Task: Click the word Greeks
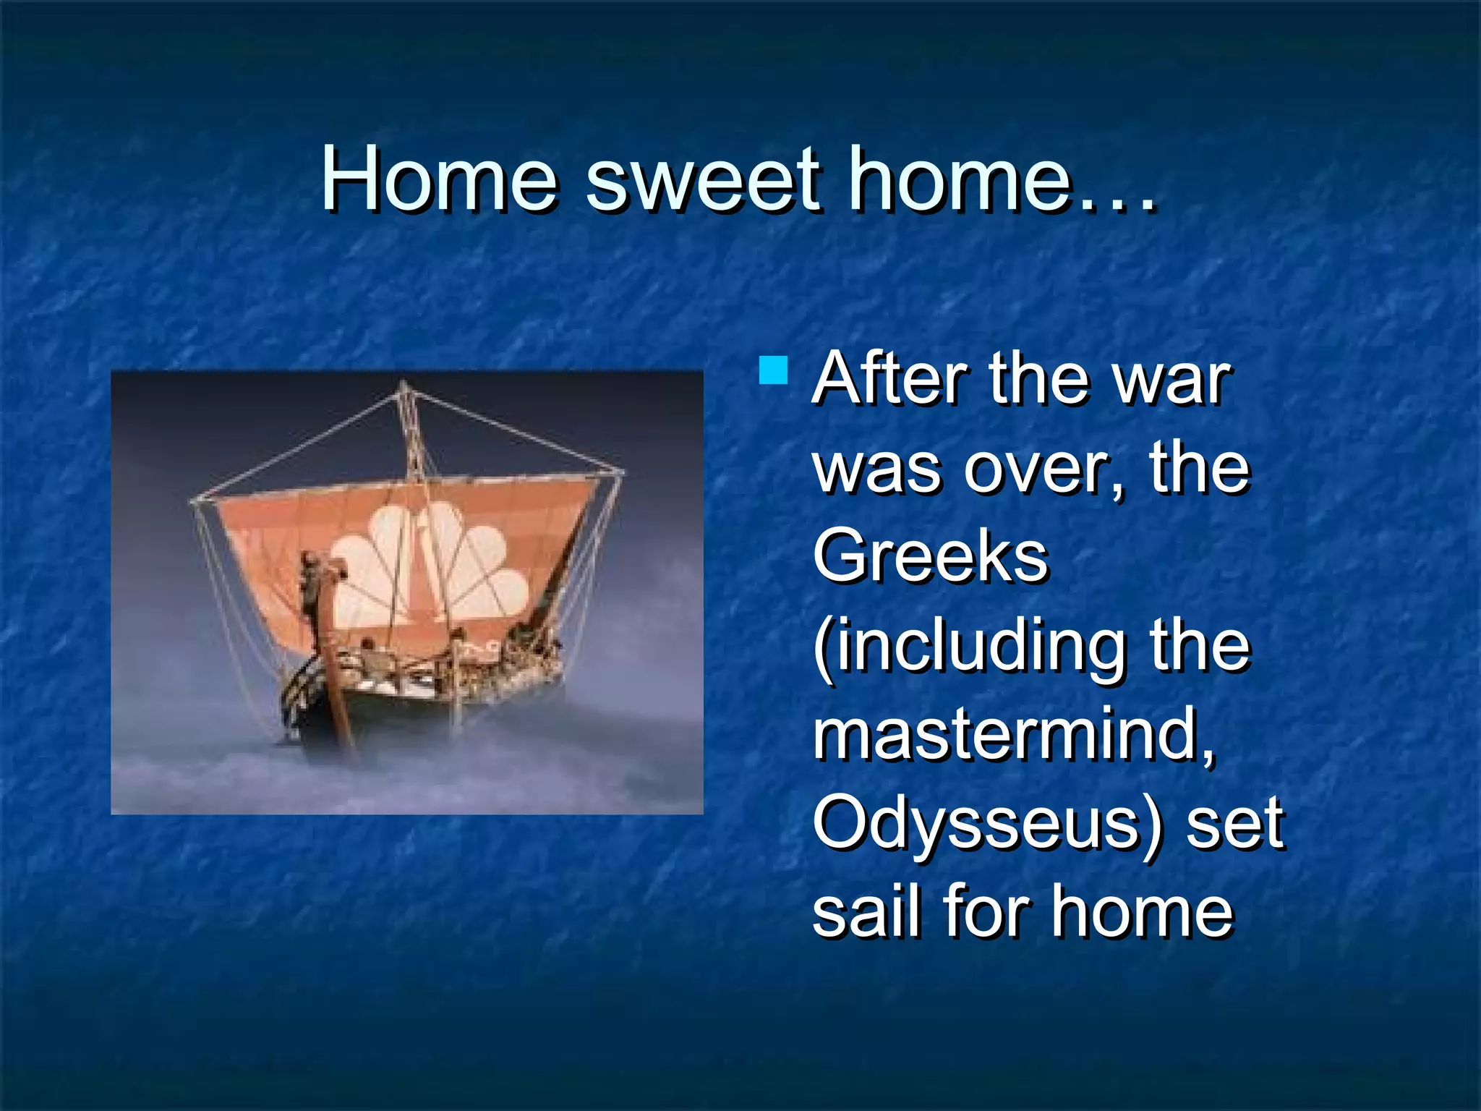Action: pos(930,557)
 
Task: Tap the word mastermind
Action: pos(1012,734)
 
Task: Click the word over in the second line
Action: pos(1041,470)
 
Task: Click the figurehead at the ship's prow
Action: pos(313,579)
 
